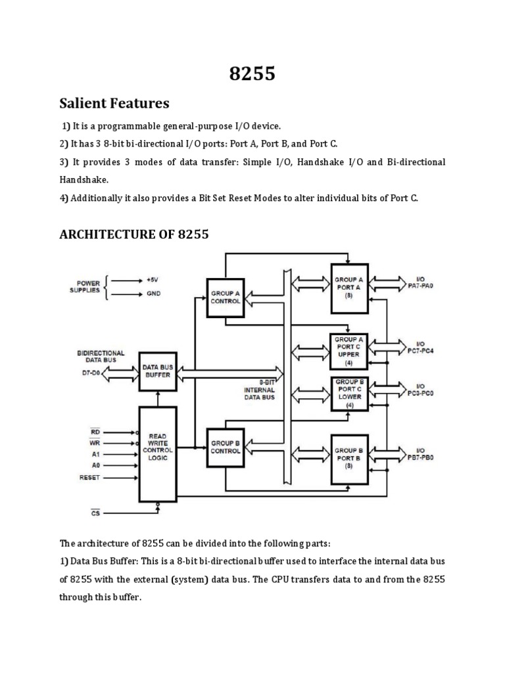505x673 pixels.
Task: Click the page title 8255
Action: tap(252, 74)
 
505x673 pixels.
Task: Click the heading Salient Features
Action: tap(114, 104)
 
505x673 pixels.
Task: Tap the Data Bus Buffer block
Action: tap(158, 371)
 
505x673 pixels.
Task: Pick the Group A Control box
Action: tap(226, 296)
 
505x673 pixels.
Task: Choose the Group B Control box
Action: tap(226, 448)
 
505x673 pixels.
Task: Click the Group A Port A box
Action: tap(349, 287)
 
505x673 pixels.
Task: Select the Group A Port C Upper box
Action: tap(349, 352)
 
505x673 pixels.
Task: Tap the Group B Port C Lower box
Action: tap(349, 394)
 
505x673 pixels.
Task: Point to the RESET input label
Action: tap(89, 477)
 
